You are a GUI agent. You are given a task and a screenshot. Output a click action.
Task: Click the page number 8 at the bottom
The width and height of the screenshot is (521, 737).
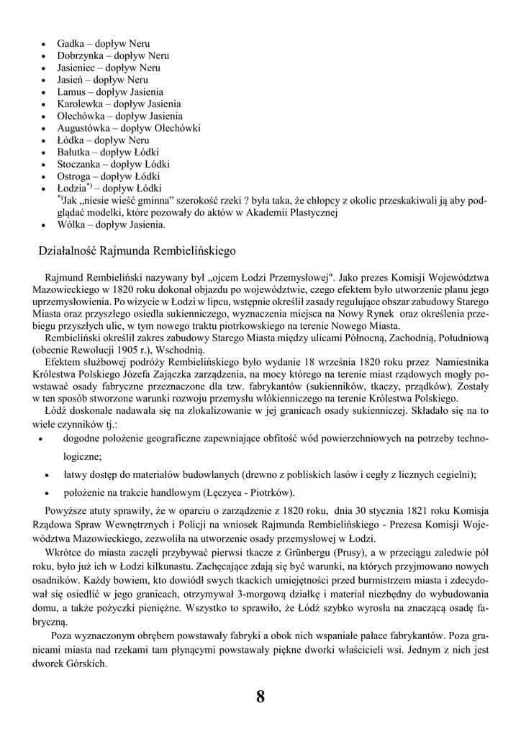tap(260, 697)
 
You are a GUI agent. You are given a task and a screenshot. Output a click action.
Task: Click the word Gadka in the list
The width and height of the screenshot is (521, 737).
tap(71, 44)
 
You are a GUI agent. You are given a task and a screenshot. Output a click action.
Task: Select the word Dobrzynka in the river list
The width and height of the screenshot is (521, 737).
tap(81, 55)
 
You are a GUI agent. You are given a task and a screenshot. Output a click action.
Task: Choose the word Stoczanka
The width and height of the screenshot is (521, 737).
tap(80, 164)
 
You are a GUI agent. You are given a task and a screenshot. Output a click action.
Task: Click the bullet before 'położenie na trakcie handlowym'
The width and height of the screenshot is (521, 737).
tap(47, 493)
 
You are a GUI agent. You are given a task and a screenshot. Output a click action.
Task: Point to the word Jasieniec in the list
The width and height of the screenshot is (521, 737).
tap(78, 68)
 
